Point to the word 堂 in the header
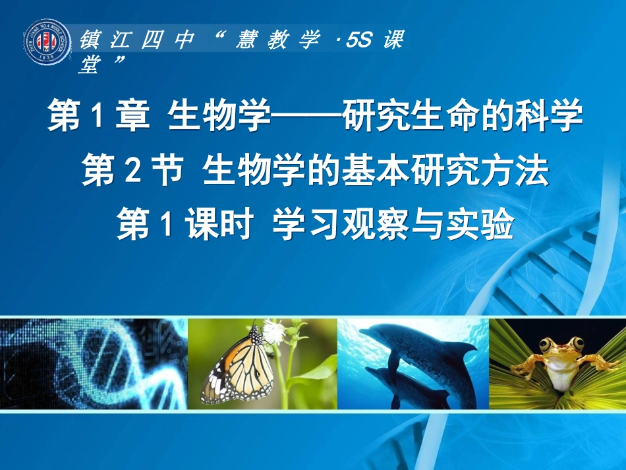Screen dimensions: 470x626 89,65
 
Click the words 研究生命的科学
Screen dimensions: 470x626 461,119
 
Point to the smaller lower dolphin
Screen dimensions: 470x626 399,389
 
